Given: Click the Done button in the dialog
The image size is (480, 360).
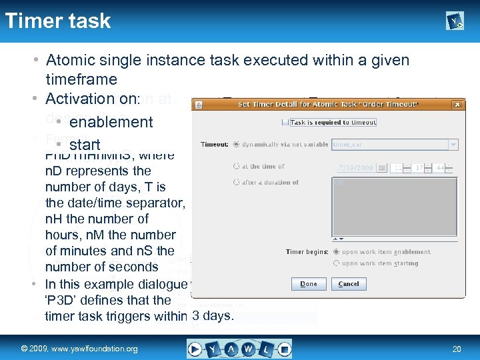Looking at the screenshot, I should pos(309,283).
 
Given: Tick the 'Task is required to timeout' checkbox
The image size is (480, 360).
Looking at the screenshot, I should pos(285,122).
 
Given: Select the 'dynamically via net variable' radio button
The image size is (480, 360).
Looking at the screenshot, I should pos(236,144).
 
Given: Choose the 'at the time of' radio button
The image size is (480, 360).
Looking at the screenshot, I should pos(236,166).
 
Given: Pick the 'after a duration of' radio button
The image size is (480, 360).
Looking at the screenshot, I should pos(236,182).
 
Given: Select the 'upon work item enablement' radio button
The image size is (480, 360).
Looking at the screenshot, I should pos(336,252).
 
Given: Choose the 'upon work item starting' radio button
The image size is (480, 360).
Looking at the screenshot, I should pos(336,263).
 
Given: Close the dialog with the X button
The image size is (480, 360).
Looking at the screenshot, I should pos(457,105).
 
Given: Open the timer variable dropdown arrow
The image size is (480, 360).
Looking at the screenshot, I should pos(453,144).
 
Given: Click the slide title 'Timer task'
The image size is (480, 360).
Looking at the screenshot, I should pos(58,21).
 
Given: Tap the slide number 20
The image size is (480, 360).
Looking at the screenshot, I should pos(457,349).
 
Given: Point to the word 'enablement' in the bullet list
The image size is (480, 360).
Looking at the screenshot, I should pos(111,122).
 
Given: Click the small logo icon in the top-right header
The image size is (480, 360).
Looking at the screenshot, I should pos(455,22).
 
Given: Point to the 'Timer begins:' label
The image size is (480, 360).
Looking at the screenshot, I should pos(307,252).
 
